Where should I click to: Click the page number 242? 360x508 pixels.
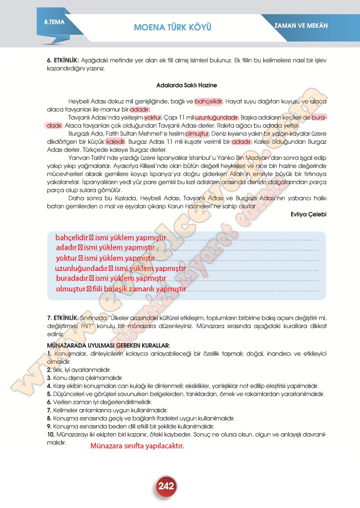click(x=167, y=486)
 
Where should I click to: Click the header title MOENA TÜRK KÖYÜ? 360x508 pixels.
click(x=172, y=27)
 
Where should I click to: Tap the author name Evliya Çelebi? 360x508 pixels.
click(x=308, y=214)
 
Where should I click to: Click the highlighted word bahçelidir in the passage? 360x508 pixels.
click(x=209, y=102)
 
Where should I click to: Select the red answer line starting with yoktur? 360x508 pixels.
click(x=105, y=258)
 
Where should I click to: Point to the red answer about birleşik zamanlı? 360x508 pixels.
click(x=121, y=289)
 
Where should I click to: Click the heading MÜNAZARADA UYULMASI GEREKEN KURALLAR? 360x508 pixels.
click(x=108, y=345)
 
